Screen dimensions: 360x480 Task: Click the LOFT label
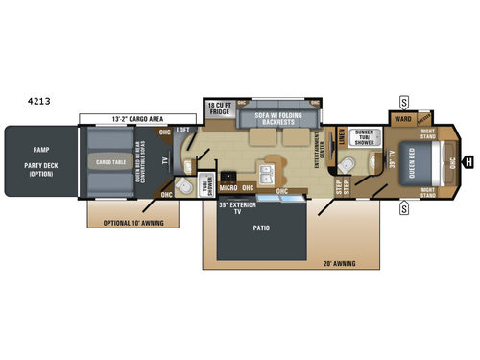click(x=183, y=130)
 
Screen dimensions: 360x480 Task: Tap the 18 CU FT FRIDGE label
click(x=221, y=108)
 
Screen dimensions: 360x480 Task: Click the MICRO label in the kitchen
click(x=228, y=188)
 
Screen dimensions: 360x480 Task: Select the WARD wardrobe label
click(x=403, y=121)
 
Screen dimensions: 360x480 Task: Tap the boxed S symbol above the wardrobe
click(x=404, y=102)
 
